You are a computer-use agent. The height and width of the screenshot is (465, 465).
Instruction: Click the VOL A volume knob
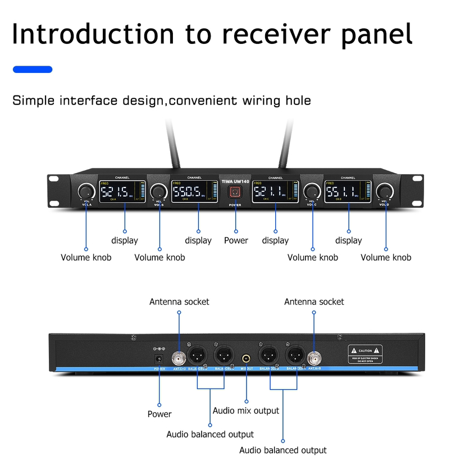[86, 190]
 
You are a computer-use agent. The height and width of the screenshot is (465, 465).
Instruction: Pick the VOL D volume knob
[385, 190]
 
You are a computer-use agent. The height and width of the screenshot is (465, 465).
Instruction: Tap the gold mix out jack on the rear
[247, 357]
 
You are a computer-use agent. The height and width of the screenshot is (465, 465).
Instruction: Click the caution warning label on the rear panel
[366, 353]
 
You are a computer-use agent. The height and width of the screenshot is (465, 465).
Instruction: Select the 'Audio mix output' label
[245, 411]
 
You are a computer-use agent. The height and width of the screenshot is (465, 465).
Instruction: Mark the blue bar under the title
[33, 69]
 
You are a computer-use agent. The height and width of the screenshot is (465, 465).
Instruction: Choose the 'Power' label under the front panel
[236, 240]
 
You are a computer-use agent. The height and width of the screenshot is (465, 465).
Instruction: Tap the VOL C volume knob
[311, 190]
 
